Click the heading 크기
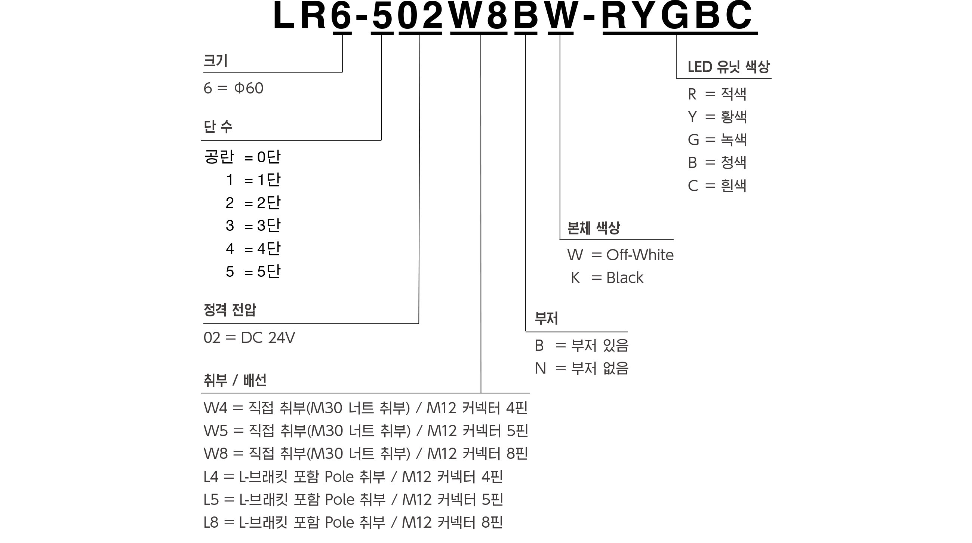215,60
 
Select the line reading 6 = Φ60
233,88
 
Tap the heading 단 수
218,126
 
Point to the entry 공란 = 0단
242,157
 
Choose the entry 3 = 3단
253,225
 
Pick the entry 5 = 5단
253,271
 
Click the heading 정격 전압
230,310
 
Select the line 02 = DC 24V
249,338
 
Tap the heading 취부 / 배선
235,380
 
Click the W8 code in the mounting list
215,454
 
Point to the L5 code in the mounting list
211,500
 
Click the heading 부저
546,318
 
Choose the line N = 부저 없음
581,368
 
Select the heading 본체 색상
594,227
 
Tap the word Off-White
640,255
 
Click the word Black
624,278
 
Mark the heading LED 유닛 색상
728,67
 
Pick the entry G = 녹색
717,139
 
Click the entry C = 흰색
717,185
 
